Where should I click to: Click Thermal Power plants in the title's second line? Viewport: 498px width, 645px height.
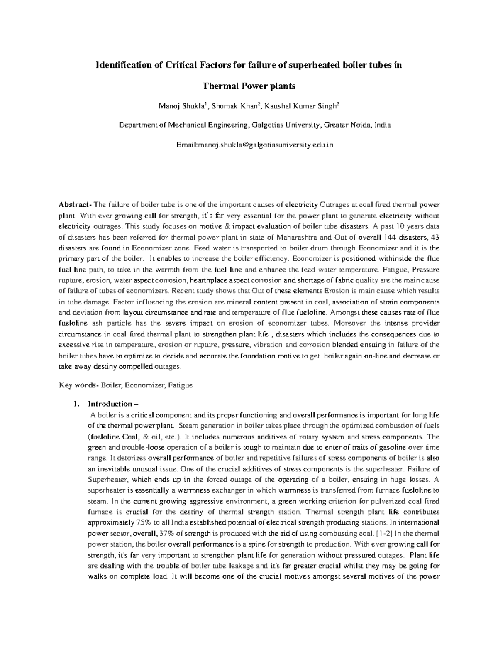point(249,86)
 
